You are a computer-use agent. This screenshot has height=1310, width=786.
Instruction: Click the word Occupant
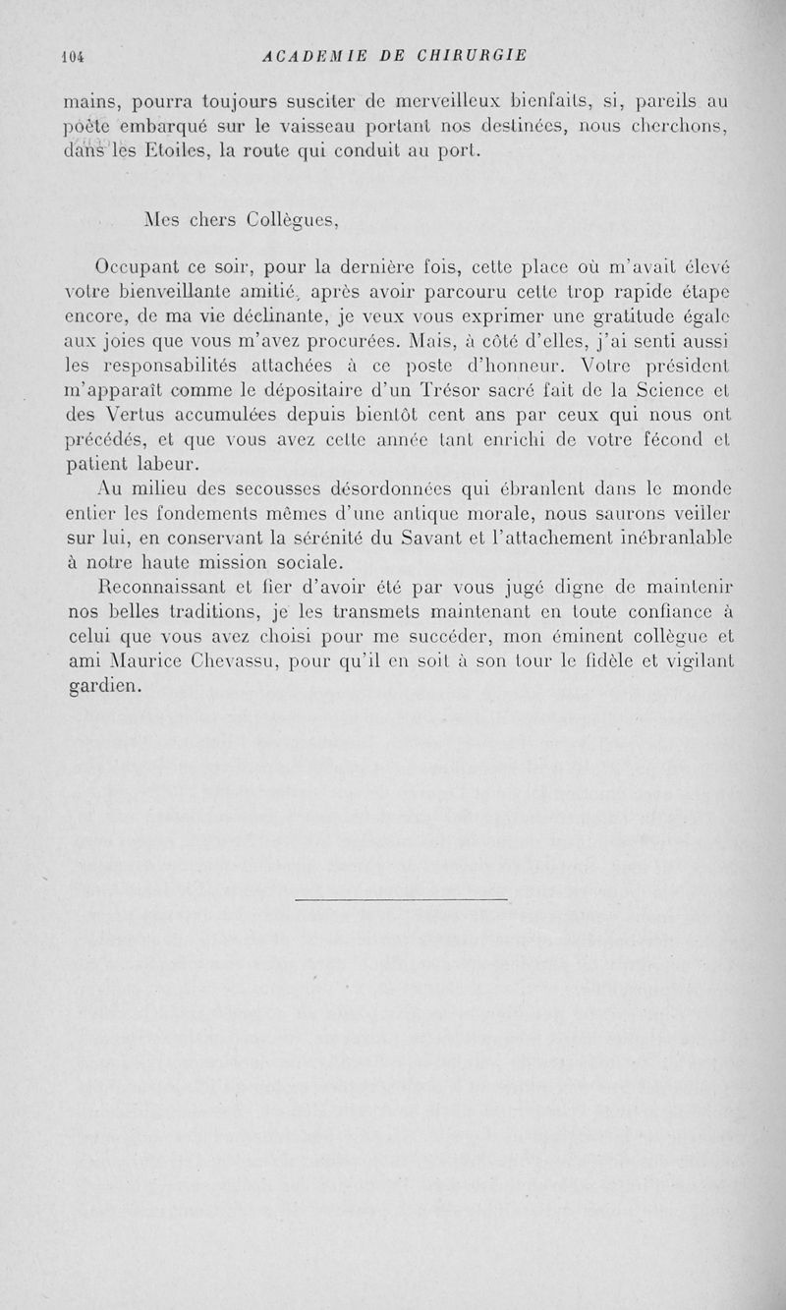click(137, 267)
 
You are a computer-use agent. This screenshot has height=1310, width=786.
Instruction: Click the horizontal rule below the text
click(401, 898)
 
